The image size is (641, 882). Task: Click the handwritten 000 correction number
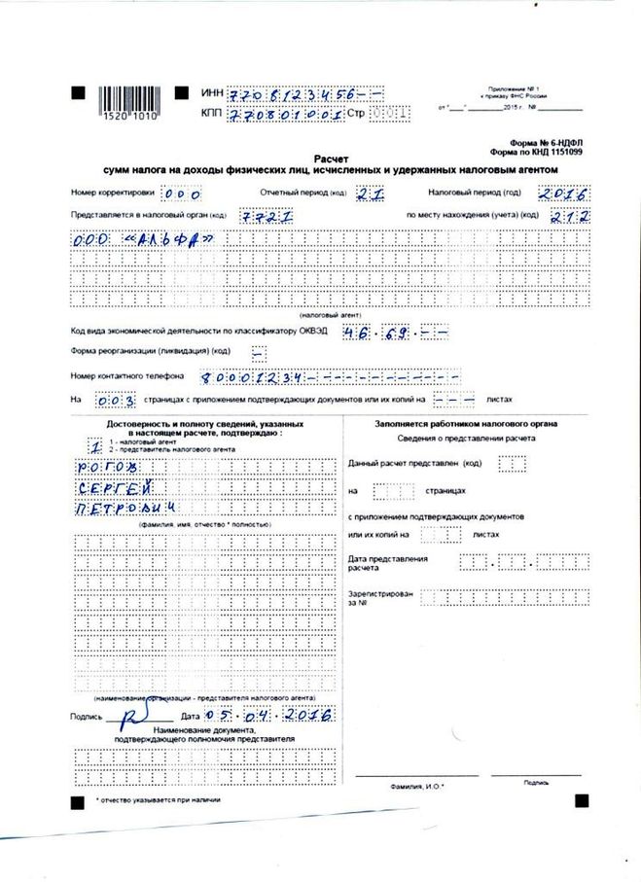[x=182, y=194]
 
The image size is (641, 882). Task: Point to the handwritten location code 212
[x=569, y=216]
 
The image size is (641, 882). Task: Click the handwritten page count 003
[x=111, y=399]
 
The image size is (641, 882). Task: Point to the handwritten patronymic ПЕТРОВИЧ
[x=128, y=510]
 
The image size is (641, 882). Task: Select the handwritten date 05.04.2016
[x=276, y=715]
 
